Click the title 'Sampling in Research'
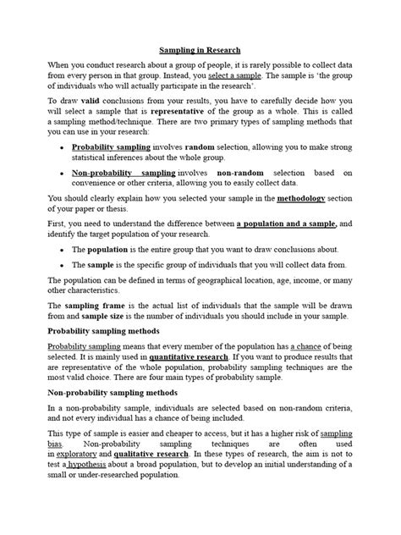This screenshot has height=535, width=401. click(x=200, y=50)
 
